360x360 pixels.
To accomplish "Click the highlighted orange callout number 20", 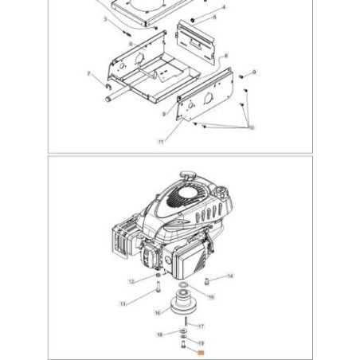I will click(202, 350).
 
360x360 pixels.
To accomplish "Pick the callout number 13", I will click(123, 303).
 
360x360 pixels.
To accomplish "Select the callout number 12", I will click(131, 280).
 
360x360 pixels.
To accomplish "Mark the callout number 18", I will click(159, 335).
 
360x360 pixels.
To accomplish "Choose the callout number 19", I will click(201, 341).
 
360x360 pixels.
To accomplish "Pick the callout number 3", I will click(104, 21).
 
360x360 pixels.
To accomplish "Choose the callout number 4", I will click(224, 7).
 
